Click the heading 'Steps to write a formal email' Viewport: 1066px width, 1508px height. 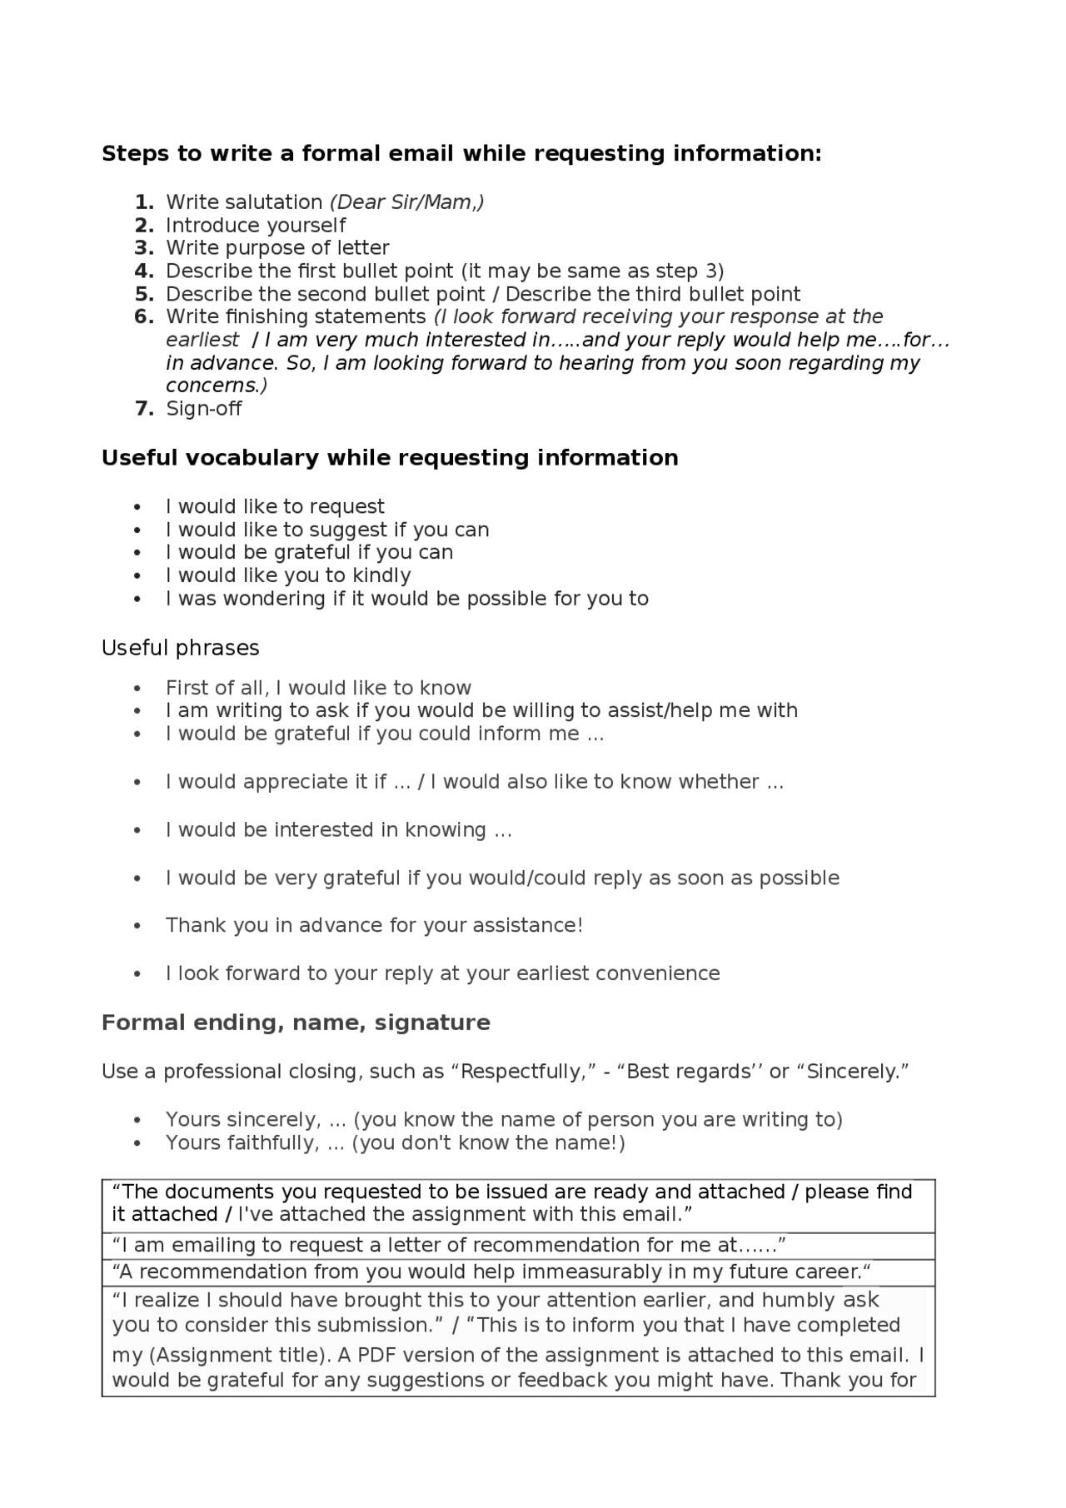click(461, 154)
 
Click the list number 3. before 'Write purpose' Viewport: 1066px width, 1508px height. click(144, 248)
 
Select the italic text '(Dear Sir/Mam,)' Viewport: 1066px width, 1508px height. click(406, 202)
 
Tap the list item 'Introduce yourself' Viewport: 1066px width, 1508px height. click(255, 226)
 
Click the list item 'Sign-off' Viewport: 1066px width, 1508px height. click(203, 409)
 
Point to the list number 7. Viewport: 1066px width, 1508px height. click(144, 409)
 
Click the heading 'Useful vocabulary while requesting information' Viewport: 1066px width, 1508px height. click(389, 458)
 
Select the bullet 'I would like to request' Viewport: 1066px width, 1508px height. click(274, 507)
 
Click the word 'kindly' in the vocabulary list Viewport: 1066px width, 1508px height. click(381, 576)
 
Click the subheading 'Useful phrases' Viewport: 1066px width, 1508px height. click(180, 648)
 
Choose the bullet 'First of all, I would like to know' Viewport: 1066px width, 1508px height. click(317, 688)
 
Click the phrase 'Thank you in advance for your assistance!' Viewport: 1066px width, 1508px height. click(374, 926)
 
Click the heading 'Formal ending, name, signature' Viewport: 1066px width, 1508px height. click(295, 1023)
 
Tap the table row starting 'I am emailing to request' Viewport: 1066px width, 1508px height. click(449, 1246)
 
